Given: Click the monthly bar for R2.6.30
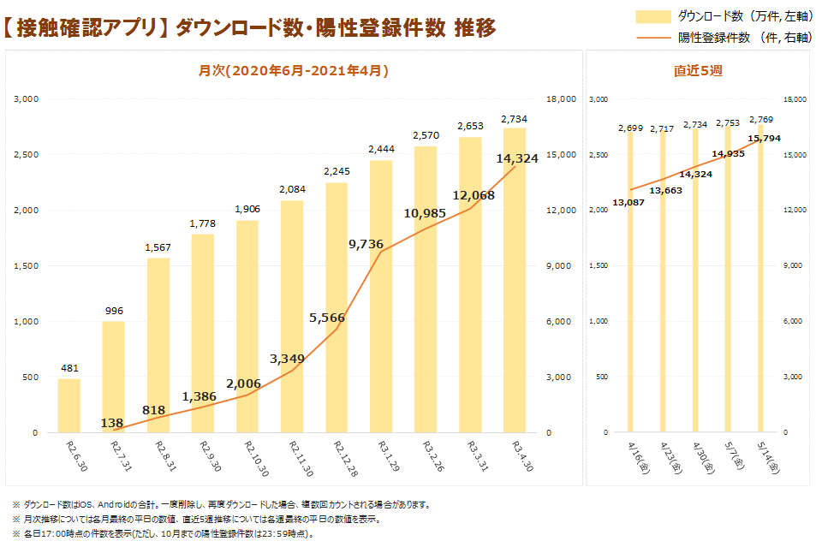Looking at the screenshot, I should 68,405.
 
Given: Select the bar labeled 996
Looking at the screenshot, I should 113,377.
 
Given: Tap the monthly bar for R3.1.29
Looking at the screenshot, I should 381,296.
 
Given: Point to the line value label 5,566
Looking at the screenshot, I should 326,318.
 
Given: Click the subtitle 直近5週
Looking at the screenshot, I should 698,71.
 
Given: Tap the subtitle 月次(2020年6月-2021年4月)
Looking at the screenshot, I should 294,71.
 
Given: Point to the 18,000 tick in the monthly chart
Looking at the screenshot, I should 561,99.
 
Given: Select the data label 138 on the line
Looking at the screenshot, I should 112,423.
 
